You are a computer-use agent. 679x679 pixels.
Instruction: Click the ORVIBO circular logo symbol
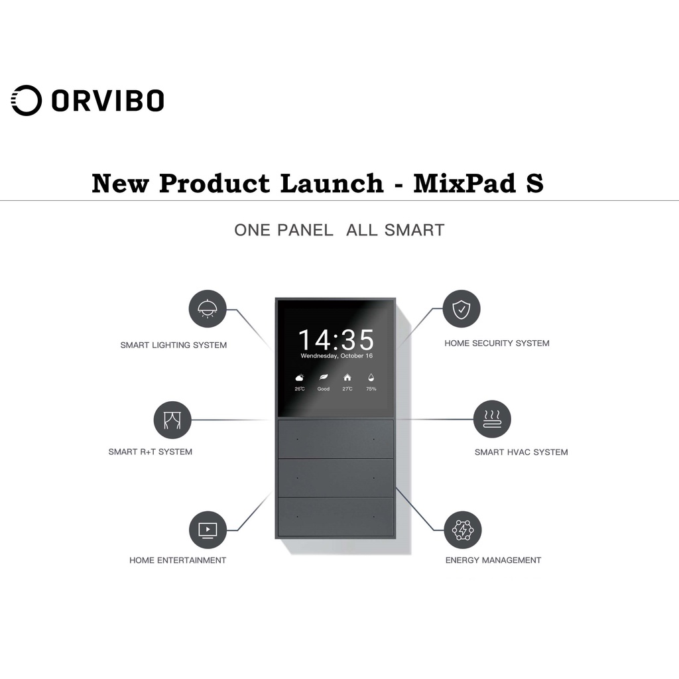(27, 101)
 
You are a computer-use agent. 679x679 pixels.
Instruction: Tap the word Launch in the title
(332, 183)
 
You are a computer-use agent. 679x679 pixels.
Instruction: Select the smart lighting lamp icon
(208, 309)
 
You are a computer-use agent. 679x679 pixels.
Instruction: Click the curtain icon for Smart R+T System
(172, 420)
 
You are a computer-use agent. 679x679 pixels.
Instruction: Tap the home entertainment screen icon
(208, 529)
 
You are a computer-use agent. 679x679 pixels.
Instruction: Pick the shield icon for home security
(461, 309)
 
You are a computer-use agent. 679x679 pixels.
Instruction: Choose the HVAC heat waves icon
(492, 419)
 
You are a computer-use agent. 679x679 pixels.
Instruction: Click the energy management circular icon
(462, 529)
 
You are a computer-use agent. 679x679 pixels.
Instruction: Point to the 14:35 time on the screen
(336, 340)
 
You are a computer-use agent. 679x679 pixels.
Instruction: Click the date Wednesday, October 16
(336, 356)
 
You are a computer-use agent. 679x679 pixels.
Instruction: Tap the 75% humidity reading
(371, 389)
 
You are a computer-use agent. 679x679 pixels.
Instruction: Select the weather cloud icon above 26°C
(300, 377)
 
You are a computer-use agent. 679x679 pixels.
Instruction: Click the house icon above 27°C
(347, 377)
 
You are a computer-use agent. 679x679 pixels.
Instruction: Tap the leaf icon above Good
(324, 377)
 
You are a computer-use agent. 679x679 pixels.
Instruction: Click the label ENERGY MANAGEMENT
(493, 560)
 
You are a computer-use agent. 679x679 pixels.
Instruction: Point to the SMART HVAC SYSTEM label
(521, 452)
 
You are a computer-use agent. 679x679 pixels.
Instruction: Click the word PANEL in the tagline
(305, 230)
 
